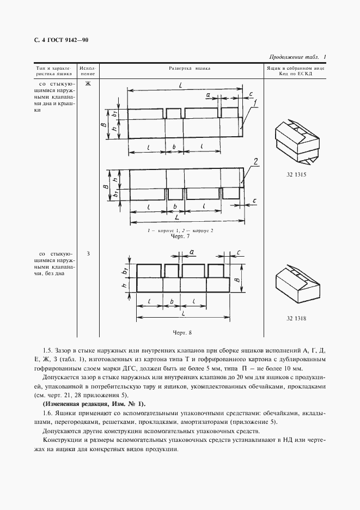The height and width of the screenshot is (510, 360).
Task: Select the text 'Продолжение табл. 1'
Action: coord(297,57)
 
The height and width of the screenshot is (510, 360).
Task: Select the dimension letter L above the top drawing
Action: coord(179,83)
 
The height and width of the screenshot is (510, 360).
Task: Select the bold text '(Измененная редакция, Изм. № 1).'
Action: coord(94,404)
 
